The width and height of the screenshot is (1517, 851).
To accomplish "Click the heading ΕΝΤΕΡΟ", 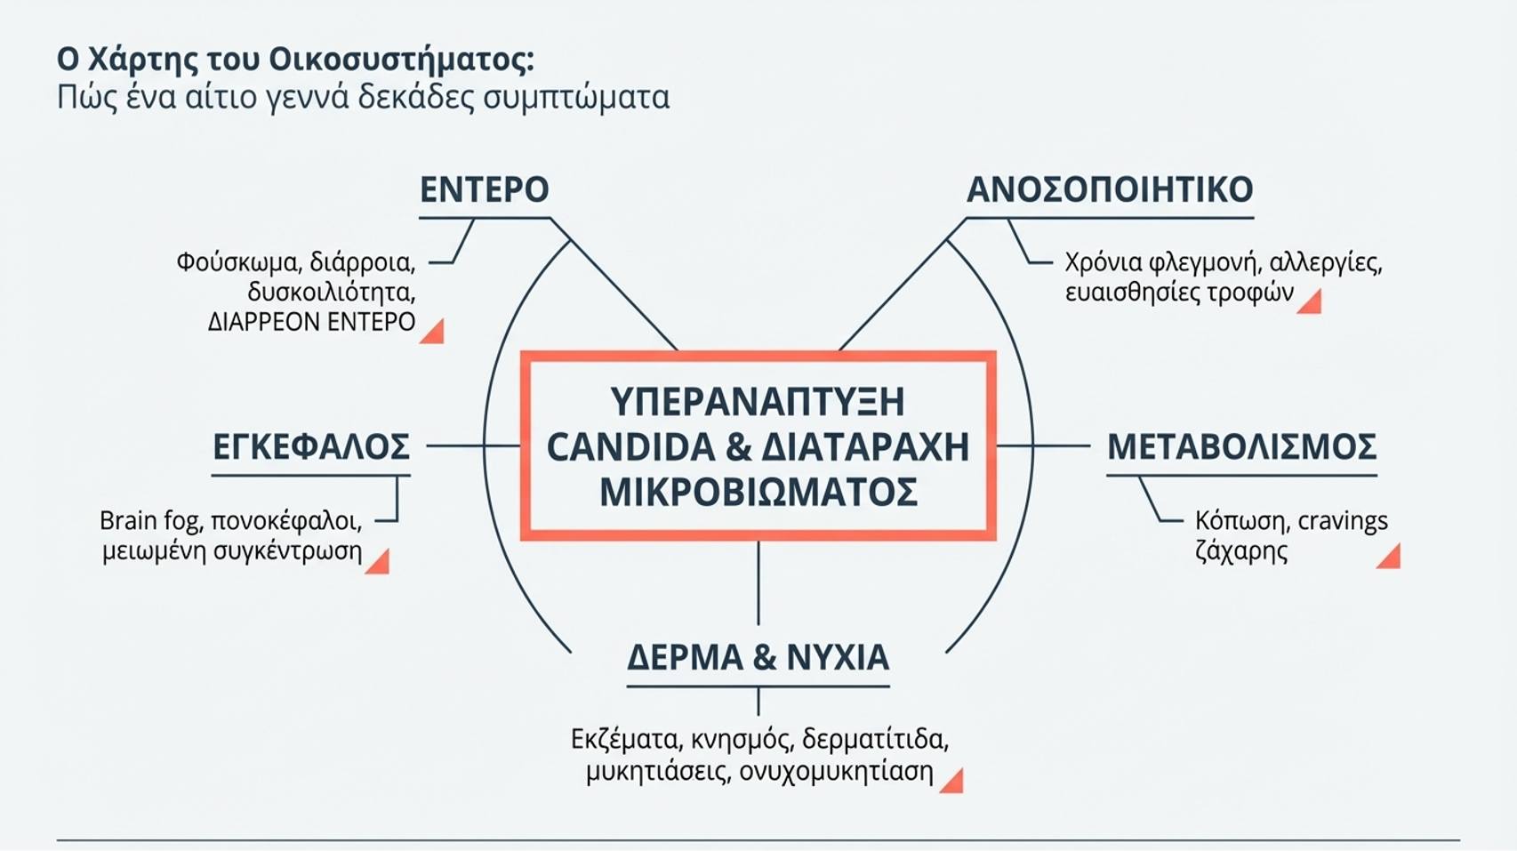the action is coord(485,189).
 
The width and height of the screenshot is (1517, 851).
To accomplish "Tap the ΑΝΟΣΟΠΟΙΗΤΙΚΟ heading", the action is coord(1110,189).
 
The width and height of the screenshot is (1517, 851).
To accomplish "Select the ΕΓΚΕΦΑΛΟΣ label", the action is coord(311,446).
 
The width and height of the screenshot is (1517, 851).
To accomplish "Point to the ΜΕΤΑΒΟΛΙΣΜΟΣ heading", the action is coord(1242,446).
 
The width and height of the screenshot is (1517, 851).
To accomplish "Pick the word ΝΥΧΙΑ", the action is coord(839,657).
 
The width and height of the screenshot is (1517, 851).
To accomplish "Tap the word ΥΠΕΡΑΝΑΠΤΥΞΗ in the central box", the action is coord(758,401).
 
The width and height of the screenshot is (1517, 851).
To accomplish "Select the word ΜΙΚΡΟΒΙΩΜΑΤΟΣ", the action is coord(758,492).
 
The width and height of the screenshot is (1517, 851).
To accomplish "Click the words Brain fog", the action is coord(150,520).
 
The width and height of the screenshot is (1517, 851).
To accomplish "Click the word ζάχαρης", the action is coord(1241,551).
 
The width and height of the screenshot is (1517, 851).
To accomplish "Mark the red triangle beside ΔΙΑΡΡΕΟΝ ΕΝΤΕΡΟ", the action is coord(434,333).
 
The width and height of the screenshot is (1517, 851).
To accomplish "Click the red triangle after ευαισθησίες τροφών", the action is coord(1311,302).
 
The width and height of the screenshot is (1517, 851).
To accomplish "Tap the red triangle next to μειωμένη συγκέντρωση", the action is coord(379,563).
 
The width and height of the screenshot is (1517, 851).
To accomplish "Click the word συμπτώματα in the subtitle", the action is coord(576,98).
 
